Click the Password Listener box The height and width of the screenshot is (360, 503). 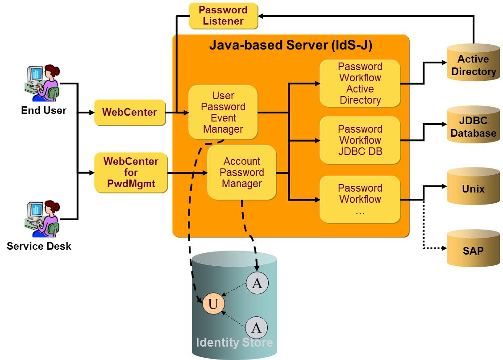click(x=223, y=16)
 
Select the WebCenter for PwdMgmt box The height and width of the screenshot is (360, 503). click(x=131, y=172)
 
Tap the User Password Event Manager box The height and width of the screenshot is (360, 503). click(x=223, y=113)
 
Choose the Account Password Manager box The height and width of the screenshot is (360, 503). click(x=241, y=172)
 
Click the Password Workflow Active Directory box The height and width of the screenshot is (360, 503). click(x=360, y=84)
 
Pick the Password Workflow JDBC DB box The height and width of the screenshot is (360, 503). click(x=360, y=140)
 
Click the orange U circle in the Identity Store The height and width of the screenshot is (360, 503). click(x=213, y=304)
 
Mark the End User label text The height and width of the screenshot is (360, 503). click(x=44, y=110)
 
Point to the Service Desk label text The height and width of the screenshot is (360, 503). click(x=39, y=246)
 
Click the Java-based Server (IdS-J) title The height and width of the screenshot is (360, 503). click(x=291, y=45)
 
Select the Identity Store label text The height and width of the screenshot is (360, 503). click(x=234, y=343)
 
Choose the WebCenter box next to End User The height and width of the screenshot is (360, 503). click(x=129, y=112)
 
